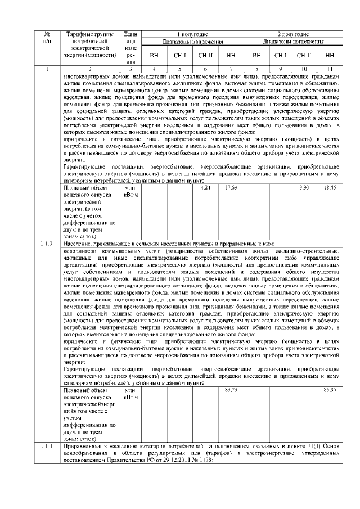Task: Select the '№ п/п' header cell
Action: (x=47, y=38)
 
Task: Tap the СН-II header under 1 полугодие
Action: (x=204, y=56)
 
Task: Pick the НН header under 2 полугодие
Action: (x=330, y=56)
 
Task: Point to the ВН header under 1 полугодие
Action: (x=154, y=56)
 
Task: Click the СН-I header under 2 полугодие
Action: (x=281, y=56)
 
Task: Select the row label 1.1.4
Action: (x=47, y=446)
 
